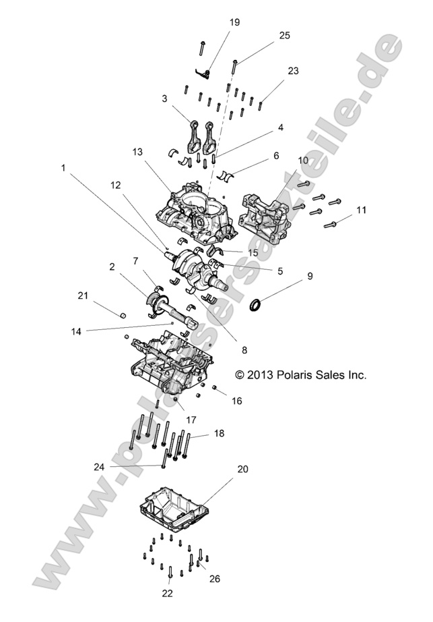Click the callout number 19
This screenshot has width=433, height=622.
click(x=234, y=22)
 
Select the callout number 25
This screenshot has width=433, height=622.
click(x=284, y=36)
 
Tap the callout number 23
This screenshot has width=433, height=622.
click(x=293, y=71)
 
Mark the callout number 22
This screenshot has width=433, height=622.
click(x=168, y=593)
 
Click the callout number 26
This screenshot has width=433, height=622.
click(x=214, y=578)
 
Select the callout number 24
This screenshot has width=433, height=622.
click(x=100, y=466)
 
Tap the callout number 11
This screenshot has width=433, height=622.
click(x=361, y=210)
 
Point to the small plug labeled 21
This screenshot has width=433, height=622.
click(x=123, y=315)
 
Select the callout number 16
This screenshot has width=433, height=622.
click(x=236, y=401)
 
